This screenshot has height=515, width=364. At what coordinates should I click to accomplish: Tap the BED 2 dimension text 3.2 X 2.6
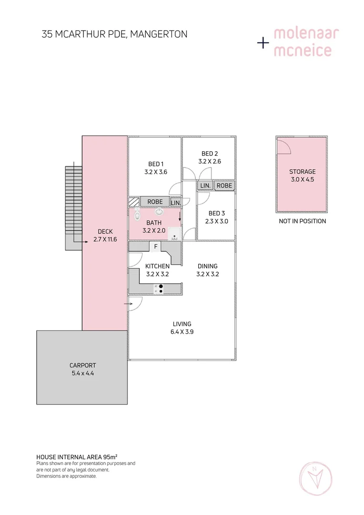pos(210,161)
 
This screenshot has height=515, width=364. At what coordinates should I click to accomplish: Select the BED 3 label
pos(216,213)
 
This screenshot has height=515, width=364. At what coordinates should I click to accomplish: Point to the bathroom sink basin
pos(159,212)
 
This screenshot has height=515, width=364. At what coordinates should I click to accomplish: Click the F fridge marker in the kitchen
pos(155,246)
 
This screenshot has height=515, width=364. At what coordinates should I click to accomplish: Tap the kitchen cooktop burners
pos(161,288)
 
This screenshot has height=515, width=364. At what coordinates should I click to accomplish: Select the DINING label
pos(207,266)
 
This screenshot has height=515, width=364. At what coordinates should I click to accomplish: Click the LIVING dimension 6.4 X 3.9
pos(182,332)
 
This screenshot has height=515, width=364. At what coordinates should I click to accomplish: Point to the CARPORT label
pos(82,365)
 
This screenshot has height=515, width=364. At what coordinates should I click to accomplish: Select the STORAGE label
pos(302,172)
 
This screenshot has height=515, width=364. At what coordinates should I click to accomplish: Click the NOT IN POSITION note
pos(302,221)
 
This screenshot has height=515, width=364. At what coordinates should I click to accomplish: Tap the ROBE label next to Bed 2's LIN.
pos(224,185)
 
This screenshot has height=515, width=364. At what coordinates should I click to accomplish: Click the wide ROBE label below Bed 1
pos(155,202)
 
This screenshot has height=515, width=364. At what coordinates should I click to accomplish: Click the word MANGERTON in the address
pos(159,34)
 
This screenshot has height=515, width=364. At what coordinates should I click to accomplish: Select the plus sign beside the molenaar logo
pos(263,43)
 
